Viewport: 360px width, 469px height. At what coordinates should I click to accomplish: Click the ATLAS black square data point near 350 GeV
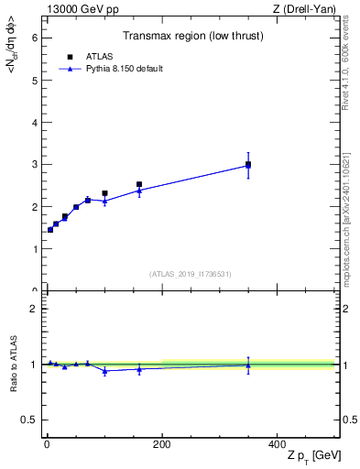248,165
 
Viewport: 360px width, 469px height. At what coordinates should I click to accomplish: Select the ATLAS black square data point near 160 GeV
139,185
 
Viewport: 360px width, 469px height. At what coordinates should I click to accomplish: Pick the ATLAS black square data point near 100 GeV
104,193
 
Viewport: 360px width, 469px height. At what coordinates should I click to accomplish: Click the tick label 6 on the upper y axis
34,38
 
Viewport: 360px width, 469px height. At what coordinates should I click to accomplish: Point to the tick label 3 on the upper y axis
34,164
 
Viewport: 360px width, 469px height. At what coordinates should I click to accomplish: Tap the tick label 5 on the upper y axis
34,80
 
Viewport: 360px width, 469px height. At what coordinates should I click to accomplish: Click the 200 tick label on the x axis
162,444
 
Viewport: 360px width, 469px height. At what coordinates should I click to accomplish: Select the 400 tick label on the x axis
278,444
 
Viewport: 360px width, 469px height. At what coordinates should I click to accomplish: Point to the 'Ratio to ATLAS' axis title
13,365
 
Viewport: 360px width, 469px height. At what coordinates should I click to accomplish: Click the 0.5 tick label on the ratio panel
29,420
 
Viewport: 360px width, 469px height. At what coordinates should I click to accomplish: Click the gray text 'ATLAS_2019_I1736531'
191,274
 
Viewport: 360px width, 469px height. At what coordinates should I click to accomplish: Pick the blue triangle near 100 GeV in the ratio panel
104,371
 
